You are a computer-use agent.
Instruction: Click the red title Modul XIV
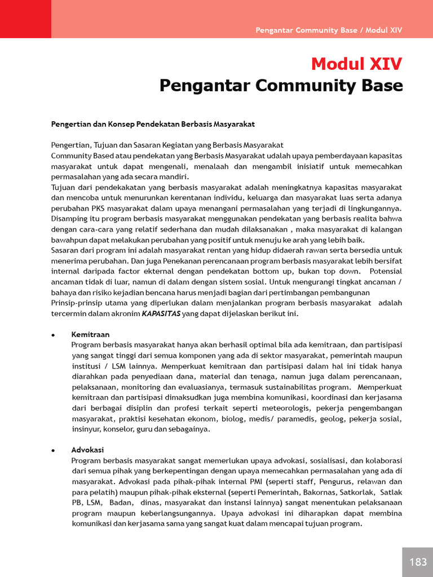point(356,64)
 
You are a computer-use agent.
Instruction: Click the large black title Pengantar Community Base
point(281,86)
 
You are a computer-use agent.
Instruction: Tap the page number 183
point(418,562)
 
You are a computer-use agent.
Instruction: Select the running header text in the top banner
point(329,30)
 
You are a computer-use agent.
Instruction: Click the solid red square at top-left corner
point(25,19)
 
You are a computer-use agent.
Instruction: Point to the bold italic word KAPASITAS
point(161,314)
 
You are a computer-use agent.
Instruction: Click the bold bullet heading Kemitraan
point(90,335)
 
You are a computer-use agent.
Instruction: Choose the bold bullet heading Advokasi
point(87,450)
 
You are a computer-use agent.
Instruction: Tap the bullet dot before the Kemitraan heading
point(53,335)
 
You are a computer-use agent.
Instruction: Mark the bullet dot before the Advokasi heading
point(53,451)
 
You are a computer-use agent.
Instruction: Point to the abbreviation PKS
point(92,208)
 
